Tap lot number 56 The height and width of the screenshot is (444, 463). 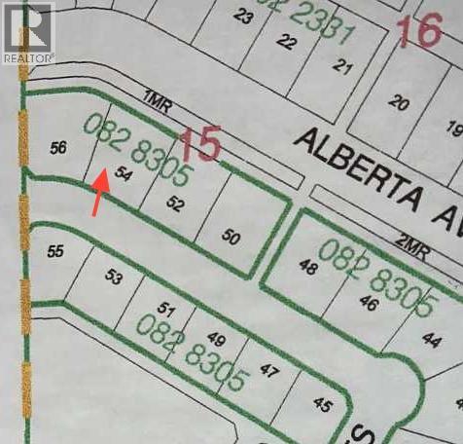58,147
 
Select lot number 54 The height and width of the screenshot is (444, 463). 123,173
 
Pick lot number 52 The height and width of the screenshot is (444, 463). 175,203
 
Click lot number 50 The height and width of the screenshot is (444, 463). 231,236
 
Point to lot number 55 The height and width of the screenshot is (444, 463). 55,250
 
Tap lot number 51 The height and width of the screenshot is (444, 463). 166,311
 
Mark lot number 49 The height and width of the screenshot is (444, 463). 217,340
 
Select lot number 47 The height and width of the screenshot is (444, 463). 269,371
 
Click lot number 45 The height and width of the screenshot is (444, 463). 323,403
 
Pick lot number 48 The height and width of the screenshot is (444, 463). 308,268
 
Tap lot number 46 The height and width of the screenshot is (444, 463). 368,303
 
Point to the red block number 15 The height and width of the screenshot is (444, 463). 201,146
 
